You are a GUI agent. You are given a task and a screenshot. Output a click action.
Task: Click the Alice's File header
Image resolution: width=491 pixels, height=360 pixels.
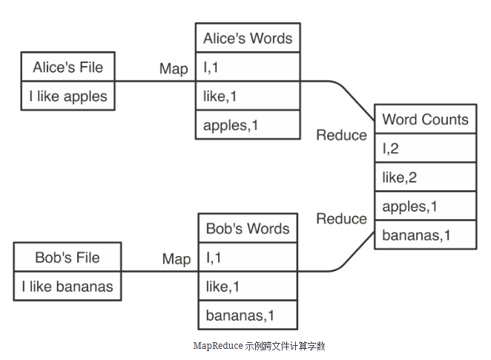tap(67, 68)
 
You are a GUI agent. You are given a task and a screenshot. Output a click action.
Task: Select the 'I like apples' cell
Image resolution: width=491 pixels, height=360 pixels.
tap(67, 96)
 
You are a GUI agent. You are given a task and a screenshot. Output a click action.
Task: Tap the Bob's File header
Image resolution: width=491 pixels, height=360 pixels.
tap(67, 258)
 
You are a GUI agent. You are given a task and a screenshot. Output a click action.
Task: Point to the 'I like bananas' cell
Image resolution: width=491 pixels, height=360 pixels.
tap(67, 287)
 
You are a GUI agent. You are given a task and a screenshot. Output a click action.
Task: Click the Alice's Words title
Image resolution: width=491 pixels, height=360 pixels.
tap(248, 39)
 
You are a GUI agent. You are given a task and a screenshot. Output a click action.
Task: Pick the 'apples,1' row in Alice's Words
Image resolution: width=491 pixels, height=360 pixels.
tap(248, 125)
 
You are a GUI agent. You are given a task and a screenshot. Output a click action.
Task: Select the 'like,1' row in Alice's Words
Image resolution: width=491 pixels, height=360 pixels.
tap(248, 96)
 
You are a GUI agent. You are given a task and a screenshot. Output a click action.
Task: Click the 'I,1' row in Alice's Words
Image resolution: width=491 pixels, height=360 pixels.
tap(248, 68)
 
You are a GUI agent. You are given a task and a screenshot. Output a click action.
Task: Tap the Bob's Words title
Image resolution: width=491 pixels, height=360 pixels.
tap(248, 229)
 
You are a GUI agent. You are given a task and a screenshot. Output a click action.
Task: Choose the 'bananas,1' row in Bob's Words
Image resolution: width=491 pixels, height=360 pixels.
tap(248, 315)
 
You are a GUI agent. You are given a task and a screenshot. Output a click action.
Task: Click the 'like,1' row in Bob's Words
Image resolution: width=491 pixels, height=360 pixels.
tap(248, 287)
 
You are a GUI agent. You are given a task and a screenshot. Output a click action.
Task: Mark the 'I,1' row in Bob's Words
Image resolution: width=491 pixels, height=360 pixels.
tap(248, 258)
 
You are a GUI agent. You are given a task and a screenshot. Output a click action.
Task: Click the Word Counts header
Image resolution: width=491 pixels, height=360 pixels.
tap(425, 120)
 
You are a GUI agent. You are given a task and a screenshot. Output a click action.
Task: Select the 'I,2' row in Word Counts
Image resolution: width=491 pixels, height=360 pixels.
tap(425, 148)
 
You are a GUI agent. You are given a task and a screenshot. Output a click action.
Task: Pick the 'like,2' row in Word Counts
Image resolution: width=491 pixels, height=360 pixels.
tap(425, 177)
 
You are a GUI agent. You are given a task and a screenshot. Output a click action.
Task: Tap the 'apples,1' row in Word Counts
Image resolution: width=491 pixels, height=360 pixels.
tap(425, 206)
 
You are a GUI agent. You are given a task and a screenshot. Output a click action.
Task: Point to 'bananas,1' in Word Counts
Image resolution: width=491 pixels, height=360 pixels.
tap(425, 235)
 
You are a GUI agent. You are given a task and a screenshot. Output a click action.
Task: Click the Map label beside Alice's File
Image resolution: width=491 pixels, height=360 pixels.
tap(174, 69)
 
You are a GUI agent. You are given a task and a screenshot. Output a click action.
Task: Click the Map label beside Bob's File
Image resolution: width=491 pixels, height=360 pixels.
tap(176, 259)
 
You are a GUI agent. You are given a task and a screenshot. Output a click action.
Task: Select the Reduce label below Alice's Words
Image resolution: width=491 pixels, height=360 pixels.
tap(341, 135)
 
